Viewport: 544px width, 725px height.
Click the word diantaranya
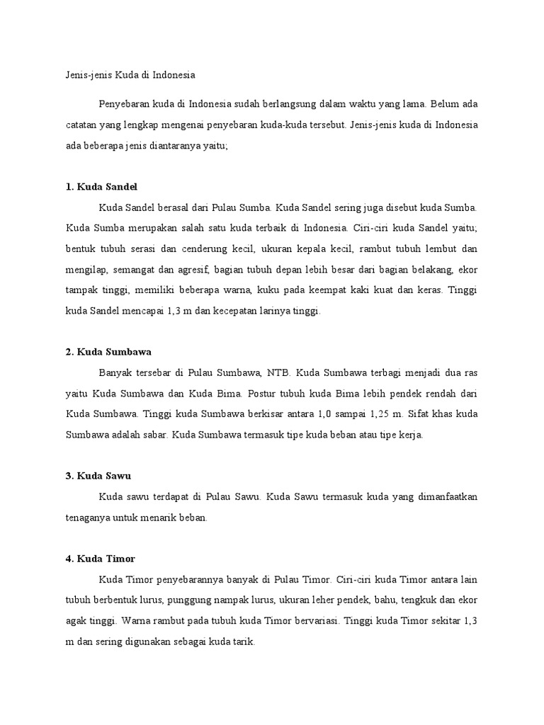(175, 146)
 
